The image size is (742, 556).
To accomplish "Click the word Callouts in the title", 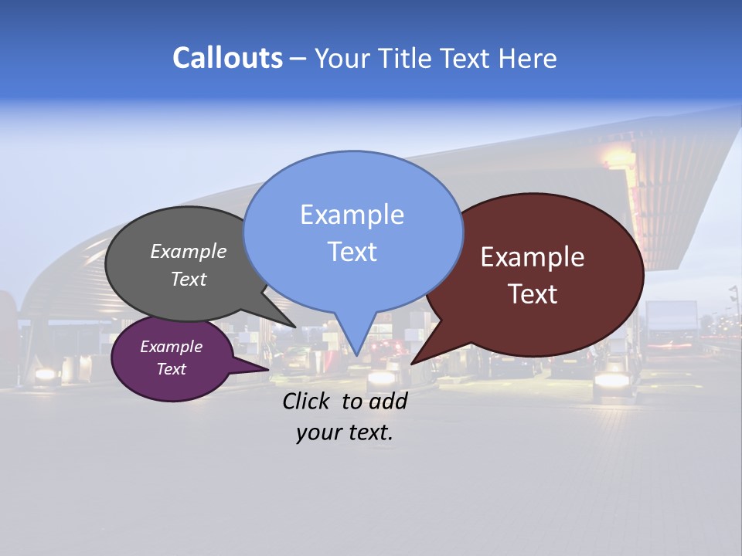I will coord(227,58).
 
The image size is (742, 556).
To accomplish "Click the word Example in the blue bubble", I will coord(352,215).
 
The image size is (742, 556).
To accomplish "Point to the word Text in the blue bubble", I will coord(352,252).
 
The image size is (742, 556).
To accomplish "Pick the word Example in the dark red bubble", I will coord(533,257).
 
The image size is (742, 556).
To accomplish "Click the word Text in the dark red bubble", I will coord(533,294).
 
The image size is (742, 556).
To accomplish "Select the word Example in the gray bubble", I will coord(188,251).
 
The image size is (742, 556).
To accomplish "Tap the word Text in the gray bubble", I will coord(189,279).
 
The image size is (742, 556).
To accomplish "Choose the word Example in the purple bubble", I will coord(171,347).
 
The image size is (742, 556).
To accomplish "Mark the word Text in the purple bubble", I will coord(171,369).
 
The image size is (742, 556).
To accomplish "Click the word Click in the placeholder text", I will coord(308,401).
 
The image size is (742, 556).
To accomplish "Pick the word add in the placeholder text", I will coord(387,401).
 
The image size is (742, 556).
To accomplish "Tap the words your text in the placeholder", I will coord(344,432).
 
